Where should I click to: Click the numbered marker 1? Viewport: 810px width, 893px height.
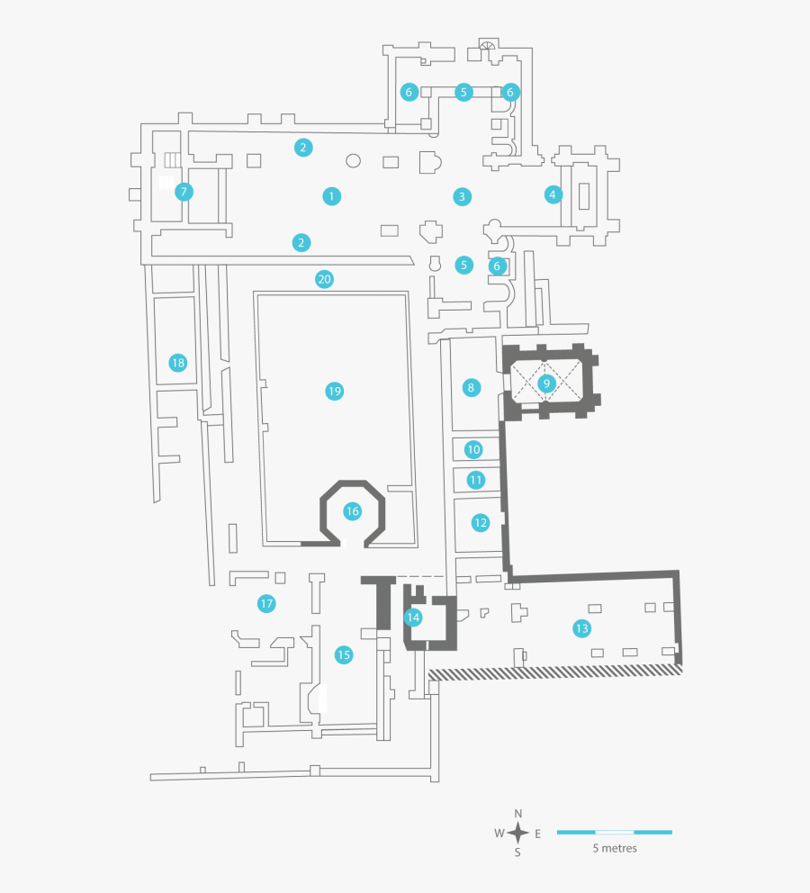click(x=332, y=195)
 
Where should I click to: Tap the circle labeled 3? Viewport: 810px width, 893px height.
click(x=462, y=195)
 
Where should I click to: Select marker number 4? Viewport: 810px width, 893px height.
click(x=553, y=194)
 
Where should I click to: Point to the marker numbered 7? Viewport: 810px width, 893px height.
click(x=184, y=191)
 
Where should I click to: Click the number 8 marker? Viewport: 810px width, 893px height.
click(x=470, y=388)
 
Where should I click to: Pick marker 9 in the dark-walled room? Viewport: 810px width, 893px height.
click(x=545, y=383)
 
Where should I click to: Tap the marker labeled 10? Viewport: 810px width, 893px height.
click(x=473, y=449)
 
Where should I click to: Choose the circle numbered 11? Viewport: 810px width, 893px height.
click(x=476, y=480)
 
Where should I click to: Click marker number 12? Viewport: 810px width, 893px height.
click(x=481, y=522)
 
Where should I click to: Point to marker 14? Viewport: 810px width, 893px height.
click(x=413, y=618)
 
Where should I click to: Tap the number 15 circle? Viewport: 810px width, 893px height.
click(x=343, y=654)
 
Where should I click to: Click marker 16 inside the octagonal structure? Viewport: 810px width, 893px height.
click(x=352, y=511)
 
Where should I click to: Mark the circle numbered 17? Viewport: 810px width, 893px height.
click(x=266, y=603)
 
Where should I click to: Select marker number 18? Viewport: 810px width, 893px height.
click(x=178, y=363)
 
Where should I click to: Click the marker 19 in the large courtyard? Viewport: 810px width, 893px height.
click(x=335, y=391)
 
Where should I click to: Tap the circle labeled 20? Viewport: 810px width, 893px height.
click(x=325, y=279)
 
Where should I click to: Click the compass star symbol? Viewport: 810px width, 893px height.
click(x=518, y=833)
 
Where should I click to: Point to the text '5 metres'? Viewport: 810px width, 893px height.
click(x=614, y=849)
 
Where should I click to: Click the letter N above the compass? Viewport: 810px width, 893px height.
click(x=518, y=814)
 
